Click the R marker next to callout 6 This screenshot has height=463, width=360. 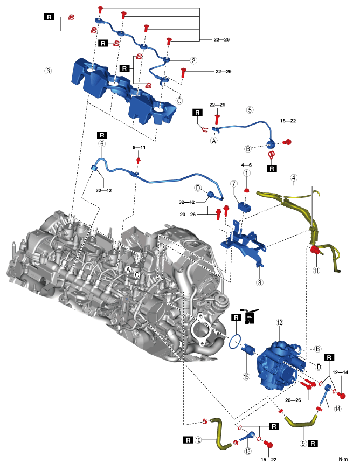pyautogui.click(x=101, y=134)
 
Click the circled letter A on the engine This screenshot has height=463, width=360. pyautogui.click(x=128, y=268)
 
